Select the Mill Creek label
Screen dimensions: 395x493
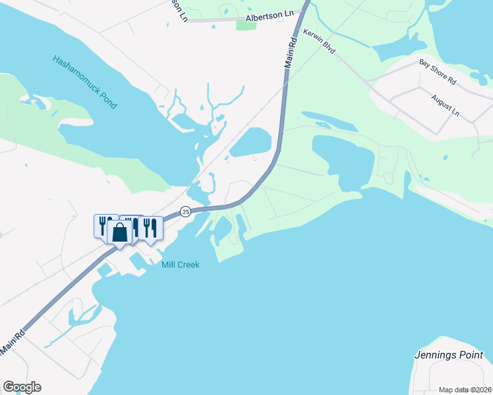(x=180, y=265)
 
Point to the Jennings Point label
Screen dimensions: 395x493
(x=448, y=355)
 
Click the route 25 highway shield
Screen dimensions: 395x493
(x=186, y=212)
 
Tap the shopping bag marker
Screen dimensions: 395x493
(x=119, y=233)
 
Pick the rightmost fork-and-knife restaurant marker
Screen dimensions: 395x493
(x=151, y=228)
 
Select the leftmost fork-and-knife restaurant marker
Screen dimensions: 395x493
(x=103, y=226)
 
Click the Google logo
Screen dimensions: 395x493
(x=22, y=387)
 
